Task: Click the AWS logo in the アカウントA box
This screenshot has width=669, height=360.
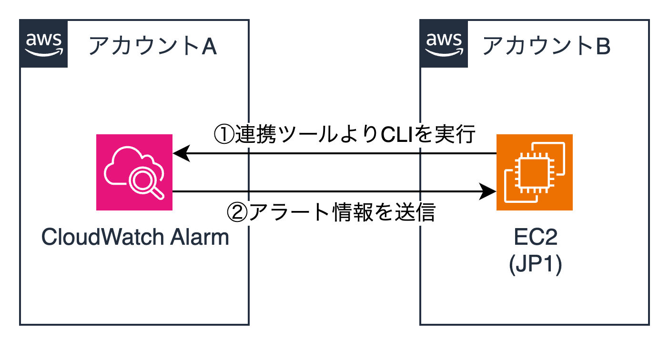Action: coord(43,43)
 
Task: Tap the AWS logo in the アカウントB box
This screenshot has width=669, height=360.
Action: coord(444,43)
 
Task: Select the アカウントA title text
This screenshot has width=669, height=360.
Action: coord(153,47)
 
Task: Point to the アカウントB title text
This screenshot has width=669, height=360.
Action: coord(547,47)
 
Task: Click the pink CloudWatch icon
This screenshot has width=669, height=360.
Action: coord(134,172)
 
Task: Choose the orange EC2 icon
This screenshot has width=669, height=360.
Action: coord(535,172)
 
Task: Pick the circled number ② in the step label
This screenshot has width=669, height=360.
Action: coord(237,213)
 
